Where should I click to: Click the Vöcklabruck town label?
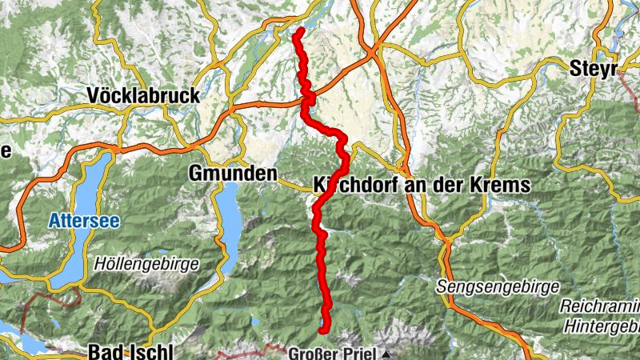(x=143, y=96)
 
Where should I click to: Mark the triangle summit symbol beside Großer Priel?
(x=386, y=353)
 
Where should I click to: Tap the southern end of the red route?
(x=323, y=329)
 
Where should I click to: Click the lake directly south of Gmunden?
(x=229, y=216)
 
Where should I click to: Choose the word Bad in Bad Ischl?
(x=102, y=352)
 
